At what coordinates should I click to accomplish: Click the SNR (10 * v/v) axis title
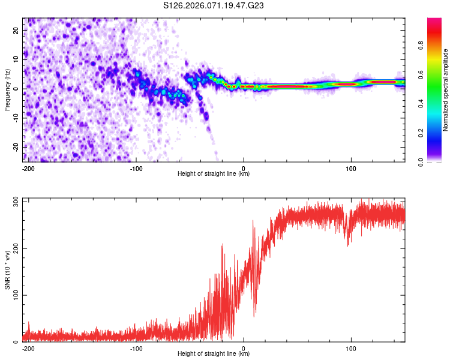tap(7, 269)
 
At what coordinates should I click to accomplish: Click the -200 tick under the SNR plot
tap(27, 348)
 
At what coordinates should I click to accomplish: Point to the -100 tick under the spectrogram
tap(136, 168)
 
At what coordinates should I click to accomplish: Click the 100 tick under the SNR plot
tap(351, 348)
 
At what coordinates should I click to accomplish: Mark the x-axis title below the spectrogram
tap(214, 174)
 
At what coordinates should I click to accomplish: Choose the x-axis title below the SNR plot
tap(214, 354)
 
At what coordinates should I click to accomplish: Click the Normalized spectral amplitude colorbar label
tap(445, 90)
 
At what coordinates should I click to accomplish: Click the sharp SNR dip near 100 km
tap(348, 243)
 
